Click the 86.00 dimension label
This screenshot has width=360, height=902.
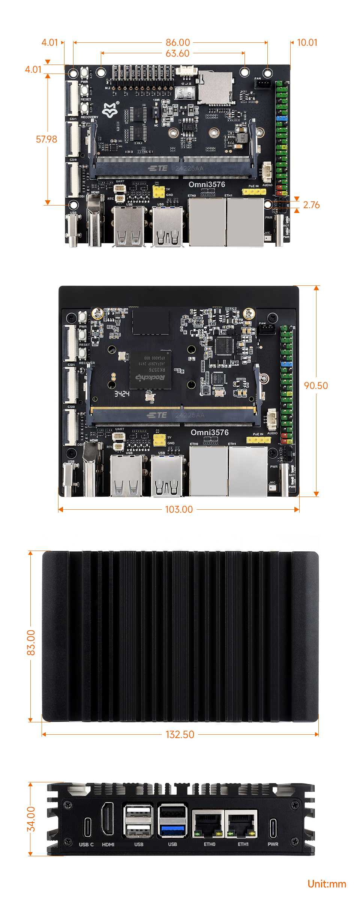coord(178,42)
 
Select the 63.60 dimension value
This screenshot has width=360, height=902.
coord(177,53)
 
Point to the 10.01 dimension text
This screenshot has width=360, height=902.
coord(307,42)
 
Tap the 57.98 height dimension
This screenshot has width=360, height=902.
coord(46,139)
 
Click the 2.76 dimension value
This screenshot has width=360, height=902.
coord(311,205)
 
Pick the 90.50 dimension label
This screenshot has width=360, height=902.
coord(316,386)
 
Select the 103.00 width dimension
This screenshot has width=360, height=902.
coord(179,509)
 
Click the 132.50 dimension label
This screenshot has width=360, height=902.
coord(180,734)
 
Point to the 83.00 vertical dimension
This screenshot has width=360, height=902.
coord(31,642)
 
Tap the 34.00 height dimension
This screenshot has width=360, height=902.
coord(31,819)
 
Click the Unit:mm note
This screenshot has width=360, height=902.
coord(327,884)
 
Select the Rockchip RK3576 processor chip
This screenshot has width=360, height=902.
coord(150,370)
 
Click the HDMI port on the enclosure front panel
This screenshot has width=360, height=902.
coord(108,819)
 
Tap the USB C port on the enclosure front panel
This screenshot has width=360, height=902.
coord(87,827)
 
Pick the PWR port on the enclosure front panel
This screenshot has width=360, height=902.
coord(273,827)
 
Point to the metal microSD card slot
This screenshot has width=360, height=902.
coord(215,87)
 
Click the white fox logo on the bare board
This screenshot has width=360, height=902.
coord(110,110)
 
